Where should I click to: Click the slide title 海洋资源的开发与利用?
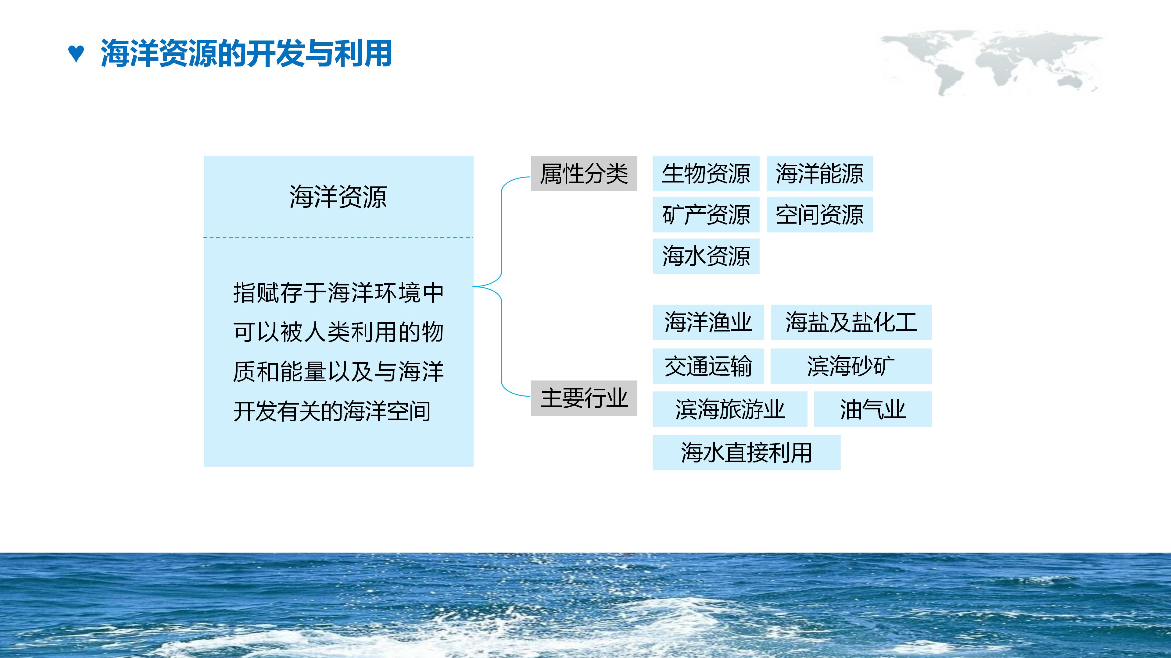(x=246, y=54)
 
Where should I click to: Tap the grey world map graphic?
(x=991, y=61)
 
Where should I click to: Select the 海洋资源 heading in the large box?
(x=338, y=196)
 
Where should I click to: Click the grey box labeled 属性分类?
(x=584, y=173)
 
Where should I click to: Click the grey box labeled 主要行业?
(x=584, y=398)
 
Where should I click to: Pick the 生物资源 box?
(x=706, y=173)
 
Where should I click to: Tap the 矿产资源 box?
(x=706, y=215)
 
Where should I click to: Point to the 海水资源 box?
(x=706, y=256)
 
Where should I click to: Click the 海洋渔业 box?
(x=708, y=322)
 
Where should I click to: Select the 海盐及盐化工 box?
(x=851, y=322)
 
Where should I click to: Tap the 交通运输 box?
(x=708, y=366)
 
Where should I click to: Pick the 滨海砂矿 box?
(x=851, y=366)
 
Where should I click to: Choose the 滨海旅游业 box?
(x=730, y=409)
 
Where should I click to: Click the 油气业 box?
(x=872, y=409)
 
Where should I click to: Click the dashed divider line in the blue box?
(x=338, y=237)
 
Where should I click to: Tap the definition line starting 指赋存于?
(x=338, y=292)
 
